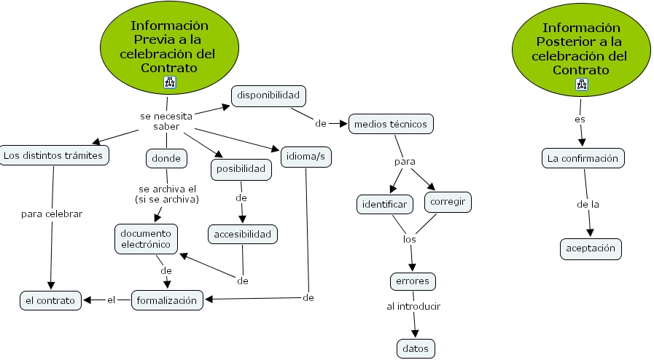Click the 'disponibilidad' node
tap(269, 95)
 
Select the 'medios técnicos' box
tap(391, 124)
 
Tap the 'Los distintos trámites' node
tap(54, 155)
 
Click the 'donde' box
tap(167, 157)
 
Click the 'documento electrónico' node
tap(146, 238)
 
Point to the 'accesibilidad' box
tap(243, 234)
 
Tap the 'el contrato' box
tap(50, 300)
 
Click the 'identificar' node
tap(385, 204)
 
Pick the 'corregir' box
tap(448, 201)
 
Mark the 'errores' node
tap(413, 281)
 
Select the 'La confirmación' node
tap(583, 157)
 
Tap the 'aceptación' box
tap(591, 249)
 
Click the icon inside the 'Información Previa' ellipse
tap(170, 82)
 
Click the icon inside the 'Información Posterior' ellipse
tap(581, 85)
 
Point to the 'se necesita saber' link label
tap(166, 121)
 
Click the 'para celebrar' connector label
tap(52, 214)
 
